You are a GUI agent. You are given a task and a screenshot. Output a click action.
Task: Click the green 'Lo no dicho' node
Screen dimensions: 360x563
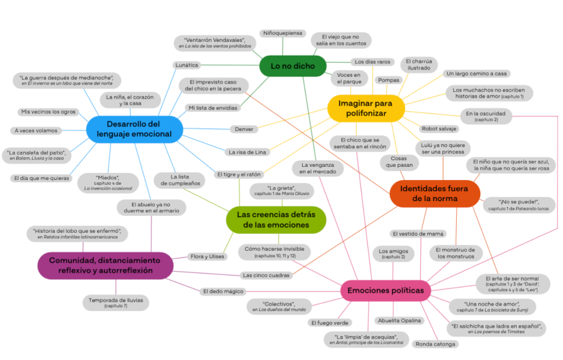[292, 66]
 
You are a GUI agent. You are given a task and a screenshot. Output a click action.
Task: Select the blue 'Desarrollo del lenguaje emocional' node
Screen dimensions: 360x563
[134, 129]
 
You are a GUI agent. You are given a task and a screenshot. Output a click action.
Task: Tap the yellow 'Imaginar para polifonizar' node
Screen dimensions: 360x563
[366, 108]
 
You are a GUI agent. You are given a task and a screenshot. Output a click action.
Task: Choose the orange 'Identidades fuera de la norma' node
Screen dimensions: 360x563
[435, 193]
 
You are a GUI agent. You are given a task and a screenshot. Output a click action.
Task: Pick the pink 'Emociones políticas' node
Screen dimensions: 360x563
[386, 290]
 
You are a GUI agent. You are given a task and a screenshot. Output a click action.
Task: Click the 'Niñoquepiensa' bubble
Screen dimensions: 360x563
[283, 33]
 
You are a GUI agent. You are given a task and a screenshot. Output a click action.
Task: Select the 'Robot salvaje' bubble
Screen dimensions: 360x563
[439, 128]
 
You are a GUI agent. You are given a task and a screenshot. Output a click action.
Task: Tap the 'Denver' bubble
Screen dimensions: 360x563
[244, 128]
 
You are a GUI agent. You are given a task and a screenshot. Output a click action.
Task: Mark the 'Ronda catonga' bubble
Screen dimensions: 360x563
[436, 344]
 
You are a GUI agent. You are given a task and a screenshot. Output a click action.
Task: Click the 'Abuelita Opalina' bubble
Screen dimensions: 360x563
[399, 320]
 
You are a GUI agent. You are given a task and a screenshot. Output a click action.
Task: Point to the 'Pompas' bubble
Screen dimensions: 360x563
[387, 80]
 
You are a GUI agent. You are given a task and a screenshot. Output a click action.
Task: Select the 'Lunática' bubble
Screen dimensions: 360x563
[186, 64]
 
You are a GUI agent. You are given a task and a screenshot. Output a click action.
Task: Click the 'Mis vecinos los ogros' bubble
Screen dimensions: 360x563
[48, 112]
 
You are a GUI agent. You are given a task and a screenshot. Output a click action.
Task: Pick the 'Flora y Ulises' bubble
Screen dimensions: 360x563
[208, 257]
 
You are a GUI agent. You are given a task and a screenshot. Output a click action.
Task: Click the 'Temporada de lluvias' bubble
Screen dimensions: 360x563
[116, 302]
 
